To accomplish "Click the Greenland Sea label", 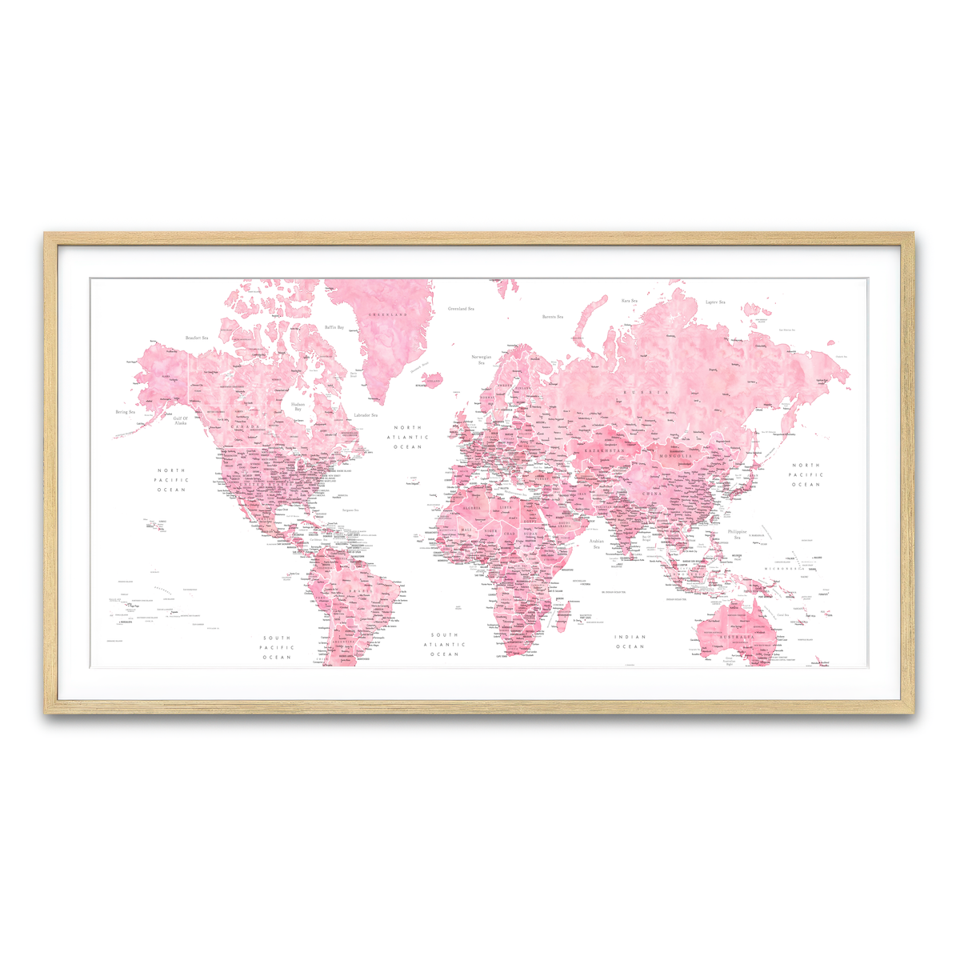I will [460, 308].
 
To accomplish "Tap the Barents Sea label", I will [553, 317].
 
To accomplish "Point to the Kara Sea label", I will [630, 301].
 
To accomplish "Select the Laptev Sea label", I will [715, 302].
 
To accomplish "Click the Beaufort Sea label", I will [196, 338].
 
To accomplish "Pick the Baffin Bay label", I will [334, 327].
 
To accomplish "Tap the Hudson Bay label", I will [298, 406].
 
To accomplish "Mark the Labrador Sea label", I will [366, 415].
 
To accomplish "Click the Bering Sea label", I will [125, 412].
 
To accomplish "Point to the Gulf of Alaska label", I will [181, 420].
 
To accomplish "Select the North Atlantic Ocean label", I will [408, 437].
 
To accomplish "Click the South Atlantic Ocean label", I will [444, 644].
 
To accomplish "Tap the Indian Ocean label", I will [630, 642].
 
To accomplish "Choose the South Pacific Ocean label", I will [277, 647].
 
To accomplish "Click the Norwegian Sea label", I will [482, 359].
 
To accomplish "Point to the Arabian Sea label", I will [596, 544].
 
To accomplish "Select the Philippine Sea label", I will [737, 534].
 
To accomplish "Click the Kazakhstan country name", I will [603, 451].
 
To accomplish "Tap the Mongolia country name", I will [676, 455].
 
